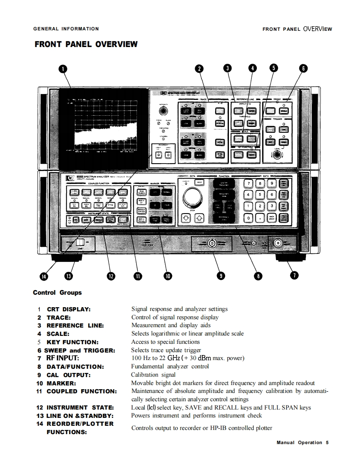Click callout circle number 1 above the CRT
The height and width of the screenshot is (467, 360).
pos(63,69)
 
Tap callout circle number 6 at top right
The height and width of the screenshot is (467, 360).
pos(303,69)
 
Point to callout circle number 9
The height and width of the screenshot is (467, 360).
pos(221,275)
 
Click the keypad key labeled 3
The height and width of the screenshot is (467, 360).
pos(271,206)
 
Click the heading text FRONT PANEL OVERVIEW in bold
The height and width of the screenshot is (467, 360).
pos(86,44)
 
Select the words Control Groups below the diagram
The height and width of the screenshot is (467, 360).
pos(57,293)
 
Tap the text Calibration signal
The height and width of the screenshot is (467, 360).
pos(154,375)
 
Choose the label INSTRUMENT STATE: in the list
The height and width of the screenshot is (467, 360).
pos(80,407)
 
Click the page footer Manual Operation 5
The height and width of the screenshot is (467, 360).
pos(303,442)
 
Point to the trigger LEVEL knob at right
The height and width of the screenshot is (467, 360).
pos(276,155)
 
